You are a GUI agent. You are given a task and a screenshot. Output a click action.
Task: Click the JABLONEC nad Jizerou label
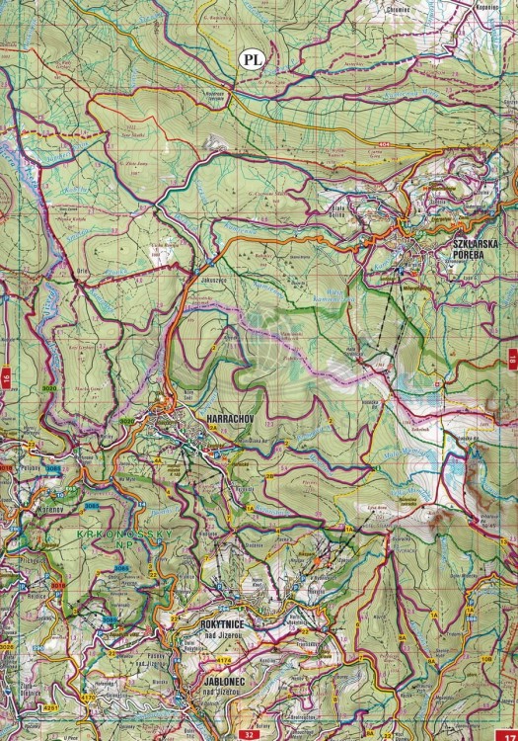[210, 685]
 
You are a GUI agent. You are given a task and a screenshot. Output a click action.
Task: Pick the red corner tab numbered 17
[509, 732]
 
